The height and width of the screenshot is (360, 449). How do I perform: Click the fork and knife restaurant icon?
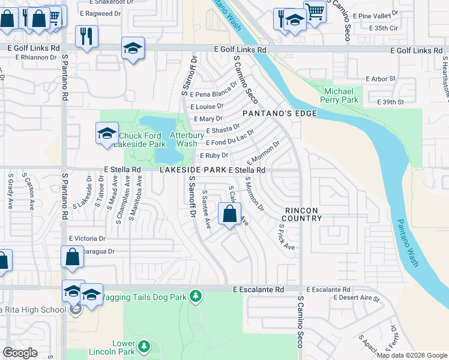point(86,36)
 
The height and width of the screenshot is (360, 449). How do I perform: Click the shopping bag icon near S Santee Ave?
point(229,213)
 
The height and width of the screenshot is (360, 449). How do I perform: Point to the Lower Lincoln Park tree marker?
point(143,346)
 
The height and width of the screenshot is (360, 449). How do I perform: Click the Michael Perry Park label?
point(340,95)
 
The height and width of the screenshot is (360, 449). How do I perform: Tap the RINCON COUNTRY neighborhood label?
point(303,214)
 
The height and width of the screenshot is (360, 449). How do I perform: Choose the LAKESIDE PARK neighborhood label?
point(193,170)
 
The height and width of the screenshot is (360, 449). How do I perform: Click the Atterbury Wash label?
point(183,139)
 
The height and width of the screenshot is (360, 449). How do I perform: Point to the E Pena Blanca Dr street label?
point(210,94)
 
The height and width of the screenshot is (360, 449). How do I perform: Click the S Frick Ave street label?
point(286,238)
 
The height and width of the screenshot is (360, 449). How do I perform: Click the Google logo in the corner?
point(20,353)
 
